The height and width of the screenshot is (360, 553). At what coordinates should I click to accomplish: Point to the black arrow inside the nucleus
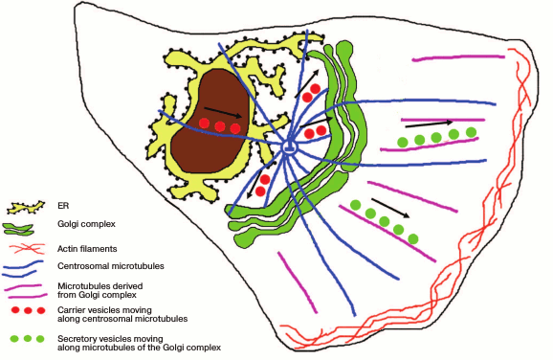click(x=221, y=114)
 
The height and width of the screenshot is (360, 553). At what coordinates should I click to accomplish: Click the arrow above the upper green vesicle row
click(x=429, y=124)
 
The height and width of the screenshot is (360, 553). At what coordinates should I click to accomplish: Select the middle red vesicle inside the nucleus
click(x=220, y=126)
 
